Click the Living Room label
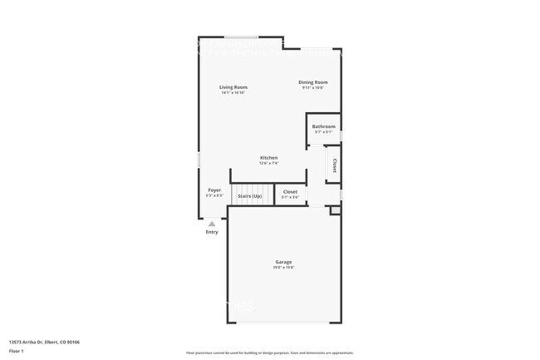click(x=233, y=87)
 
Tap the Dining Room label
click(x=314, y=82)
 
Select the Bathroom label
click(x=324, y=126)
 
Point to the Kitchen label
click(x=268, y=158)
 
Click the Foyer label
click(x=214, y=190)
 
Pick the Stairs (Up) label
click(x=249, y=196)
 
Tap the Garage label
click(x=284, y=262)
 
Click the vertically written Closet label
click(x=334, y=165)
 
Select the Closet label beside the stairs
click(x=290, y=192)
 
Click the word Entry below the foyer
click(x=212, y=232)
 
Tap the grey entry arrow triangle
click(x=212, y=224)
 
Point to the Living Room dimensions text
click(x=233, y=92)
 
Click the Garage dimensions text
click(x=284, y=268)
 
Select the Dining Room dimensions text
click(x=314, y=87)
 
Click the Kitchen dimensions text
click(x=268, y=163)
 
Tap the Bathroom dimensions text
click(x=324, y=132)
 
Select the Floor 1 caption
click(x=17, y=350)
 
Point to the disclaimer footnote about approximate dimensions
click(x=269, y=353)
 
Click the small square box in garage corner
click(x=335, y=210)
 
